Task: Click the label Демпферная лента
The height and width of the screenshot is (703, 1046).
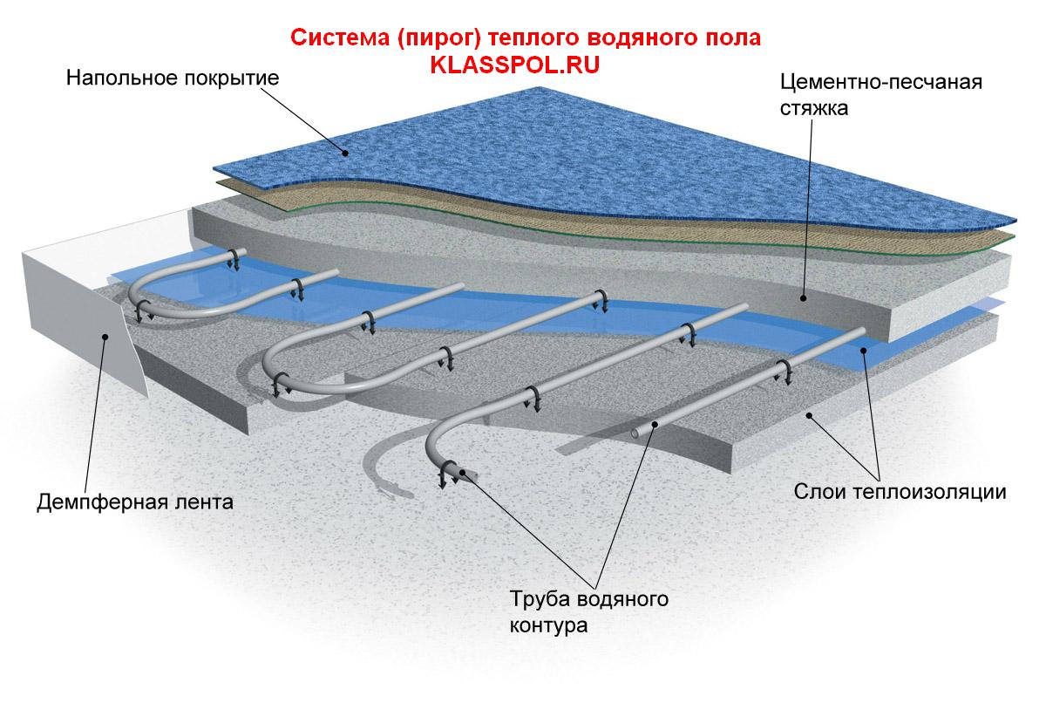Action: (135, 502)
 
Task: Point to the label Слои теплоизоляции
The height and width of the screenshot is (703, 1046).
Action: (900, 491)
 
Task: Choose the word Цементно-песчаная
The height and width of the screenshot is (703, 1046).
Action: (881, 84)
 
